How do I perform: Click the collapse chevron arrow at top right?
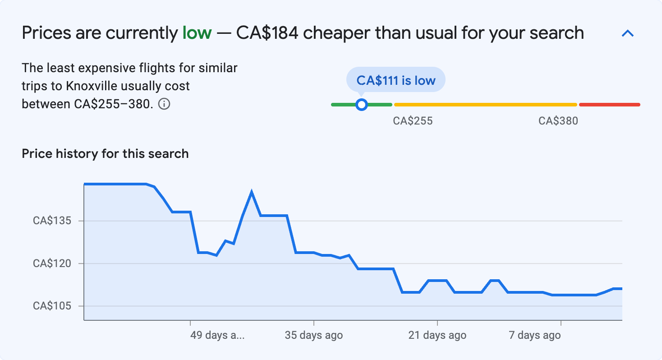click(628, 33)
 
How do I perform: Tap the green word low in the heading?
click(197, 33)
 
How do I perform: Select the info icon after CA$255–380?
click(165, 104)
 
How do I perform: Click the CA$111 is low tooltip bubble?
click(395, 80)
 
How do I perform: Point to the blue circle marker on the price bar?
click(361, 105)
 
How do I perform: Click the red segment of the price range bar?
click(609, 105)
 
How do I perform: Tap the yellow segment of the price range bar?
click(485, 105)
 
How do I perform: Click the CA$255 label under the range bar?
click(413, 121)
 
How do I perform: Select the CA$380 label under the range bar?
click(558, 121)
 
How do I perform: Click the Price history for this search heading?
click(105, 154)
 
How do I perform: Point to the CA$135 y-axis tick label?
click(52, 221)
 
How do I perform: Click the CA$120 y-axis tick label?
click(52, 263)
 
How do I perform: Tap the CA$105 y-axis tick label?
click(52, 306)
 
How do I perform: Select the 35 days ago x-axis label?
click(314, 336)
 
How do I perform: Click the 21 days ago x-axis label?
click(437, 336)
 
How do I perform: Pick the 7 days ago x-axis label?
click(535, 336)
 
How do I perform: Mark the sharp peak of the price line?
click(251, 193)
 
